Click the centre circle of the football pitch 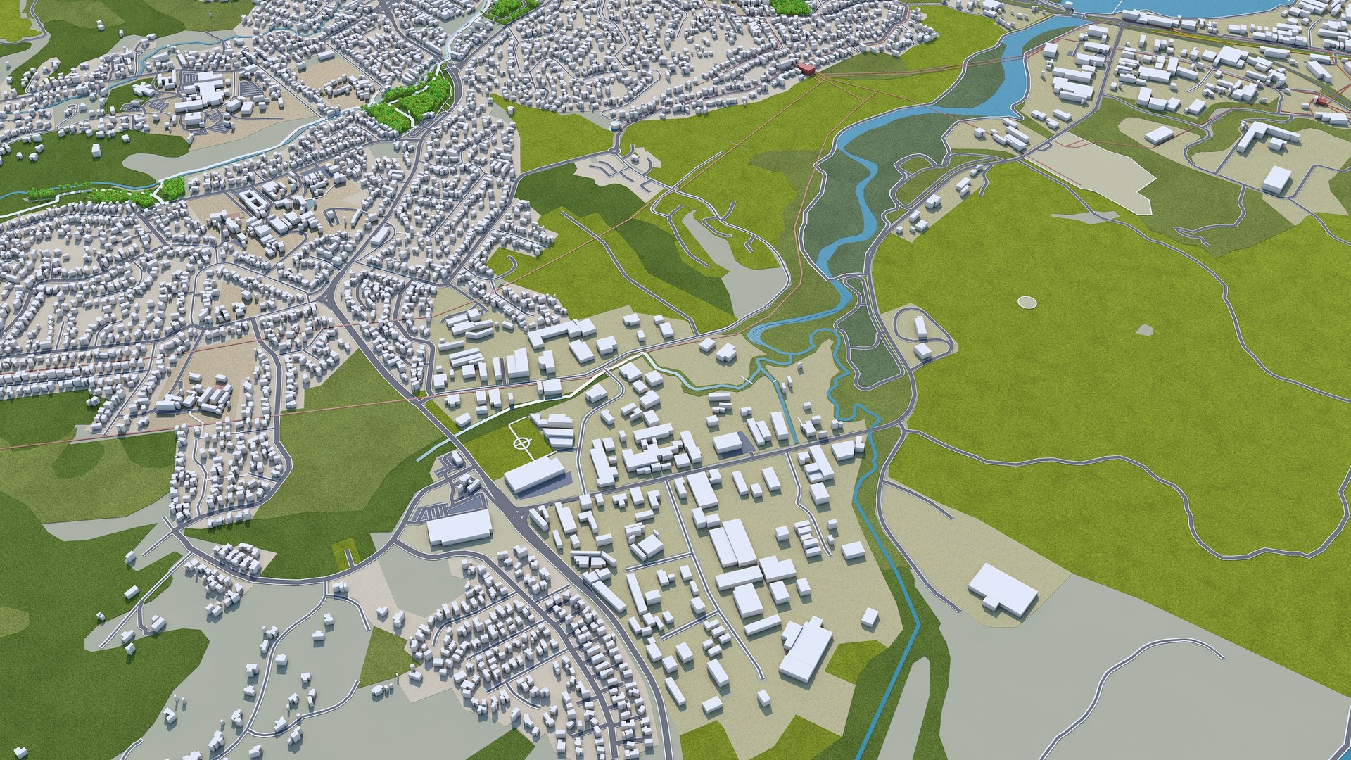[x=521, y=443]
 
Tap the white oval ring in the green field [x=1027, y=302]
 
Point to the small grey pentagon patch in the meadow [x=1145, y=329]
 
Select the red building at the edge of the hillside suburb [x=806, y=68]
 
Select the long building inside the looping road [x=920, y=329]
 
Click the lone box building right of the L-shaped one [x=1277, y=179]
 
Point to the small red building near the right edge [x=1321, y=99]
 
